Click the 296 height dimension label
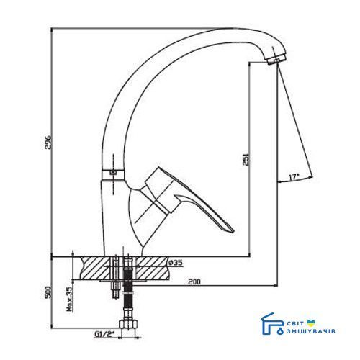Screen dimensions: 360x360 pos(48,143)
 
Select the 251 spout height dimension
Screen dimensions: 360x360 pos(246,158)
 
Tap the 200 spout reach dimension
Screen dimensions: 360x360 pos(194,282)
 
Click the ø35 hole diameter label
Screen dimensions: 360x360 pos(176,263)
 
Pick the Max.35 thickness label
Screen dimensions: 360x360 pos(70,300)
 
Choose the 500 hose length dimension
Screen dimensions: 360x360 pos(48,292)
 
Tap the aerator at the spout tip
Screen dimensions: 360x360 pos(276,59)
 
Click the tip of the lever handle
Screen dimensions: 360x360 pos(233,231)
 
